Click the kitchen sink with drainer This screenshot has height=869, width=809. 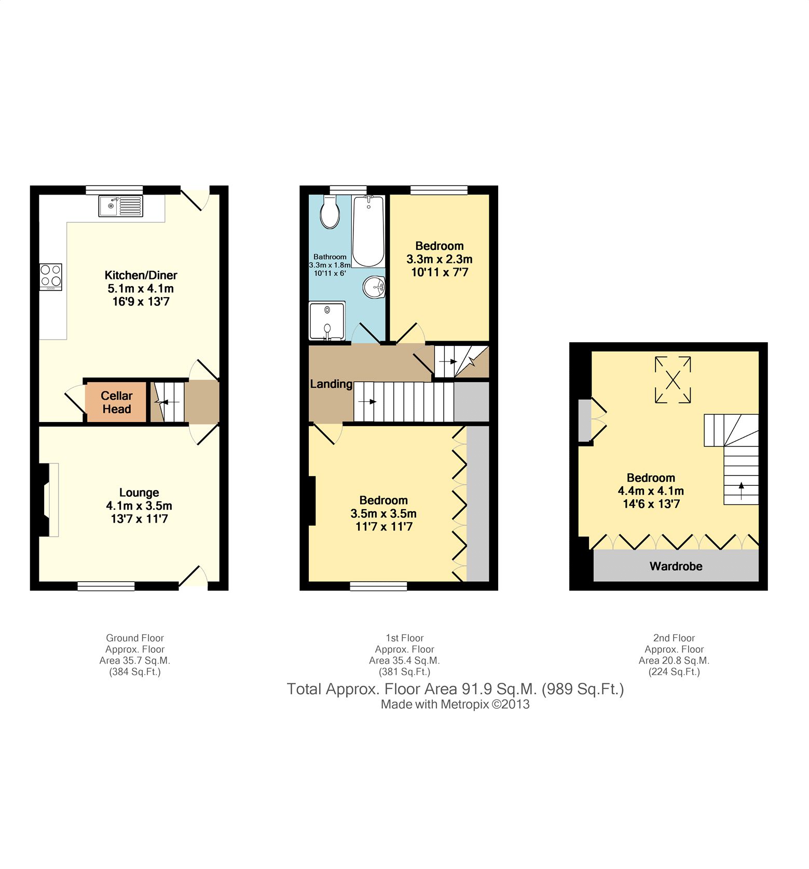click(x=120, y=206)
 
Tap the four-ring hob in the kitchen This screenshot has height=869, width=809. click(x=51, y=277)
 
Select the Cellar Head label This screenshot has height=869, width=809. click(x=117, y=402)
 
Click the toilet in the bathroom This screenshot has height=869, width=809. click(x=330, y=212)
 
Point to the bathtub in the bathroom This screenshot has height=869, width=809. click(x=368, y=231)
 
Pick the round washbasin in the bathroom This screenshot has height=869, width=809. click(x=374, y=287)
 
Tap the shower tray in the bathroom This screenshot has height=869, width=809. click(x=327, y=321)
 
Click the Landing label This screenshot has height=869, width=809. click(x=331, y=384)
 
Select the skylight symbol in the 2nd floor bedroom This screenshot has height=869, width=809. click(x=673, y=380)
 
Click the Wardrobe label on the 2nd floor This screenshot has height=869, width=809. click(x=676, y=566)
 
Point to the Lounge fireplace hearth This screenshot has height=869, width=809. click(x=53, y=500)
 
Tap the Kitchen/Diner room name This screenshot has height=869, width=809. click(x=141, y=275)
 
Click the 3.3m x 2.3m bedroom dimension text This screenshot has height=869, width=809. click(x=440, y=259)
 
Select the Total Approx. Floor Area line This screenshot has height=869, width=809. click(x=456, y=689)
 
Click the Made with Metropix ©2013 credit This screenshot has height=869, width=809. click(x=455, y=704)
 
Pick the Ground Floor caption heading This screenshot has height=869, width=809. click(x=135, y=638)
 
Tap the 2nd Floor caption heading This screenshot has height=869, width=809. click(x=674, y=638)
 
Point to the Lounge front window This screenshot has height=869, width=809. click(x=106, y=586)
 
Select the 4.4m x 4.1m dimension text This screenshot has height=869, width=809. click(x=651, y=491)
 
